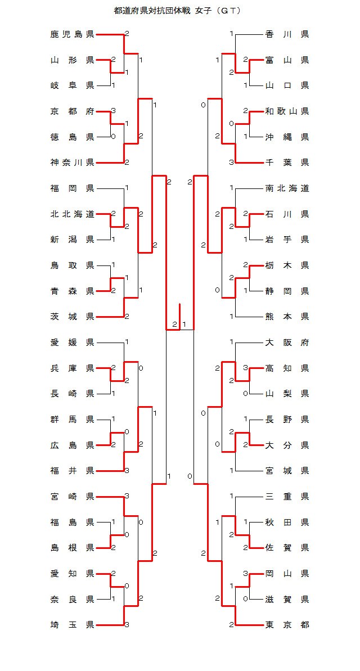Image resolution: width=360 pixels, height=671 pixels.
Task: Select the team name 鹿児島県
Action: click(x=72, y=35)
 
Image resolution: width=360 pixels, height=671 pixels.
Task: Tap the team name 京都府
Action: click(x=72, y=111)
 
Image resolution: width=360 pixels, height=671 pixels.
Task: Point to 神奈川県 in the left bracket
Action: click(x=72, y=163)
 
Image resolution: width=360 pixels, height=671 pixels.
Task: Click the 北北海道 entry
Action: click(x=72, y=214)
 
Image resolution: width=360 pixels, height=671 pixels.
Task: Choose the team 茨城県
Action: click(x=72, y=317)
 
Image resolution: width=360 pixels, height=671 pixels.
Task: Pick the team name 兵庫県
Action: click(x=72, y=368)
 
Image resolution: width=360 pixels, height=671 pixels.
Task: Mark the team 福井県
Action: click(x=72, y=471)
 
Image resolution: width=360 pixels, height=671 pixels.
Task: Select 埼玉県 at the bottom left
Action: click(x=72, y=625)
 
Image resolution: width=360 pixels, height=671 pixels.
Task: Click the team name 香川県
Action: click(x=287, y=35)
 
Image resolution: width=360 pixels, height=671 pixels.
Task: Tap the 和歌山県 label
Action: click(x=287, y=111)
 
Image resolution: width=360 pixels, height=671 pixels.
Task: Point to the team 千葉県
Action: click(x=287, y=163)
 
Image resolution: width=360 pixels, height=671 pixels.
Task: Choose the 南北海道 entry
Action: click(x=287, y=188)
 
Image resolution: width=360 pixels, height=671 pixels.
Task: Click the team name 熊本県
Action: click(x=287, y=317)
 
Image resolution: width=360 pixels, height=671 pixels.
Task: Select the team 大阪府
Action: click(x=287, y=343)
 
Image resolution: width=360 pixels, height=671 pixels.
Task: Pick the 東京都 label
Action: click(x=287, y=625)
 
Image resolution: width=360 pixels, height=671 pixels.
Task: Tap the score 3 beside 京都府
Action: click(x=114, y=111)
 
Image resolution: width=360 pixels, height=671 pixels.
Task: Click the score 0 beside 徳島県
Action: click(x=114, y=137)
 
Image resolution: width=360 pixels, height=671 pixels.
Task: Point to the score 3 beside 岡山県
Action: click(x=246, y=574)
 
